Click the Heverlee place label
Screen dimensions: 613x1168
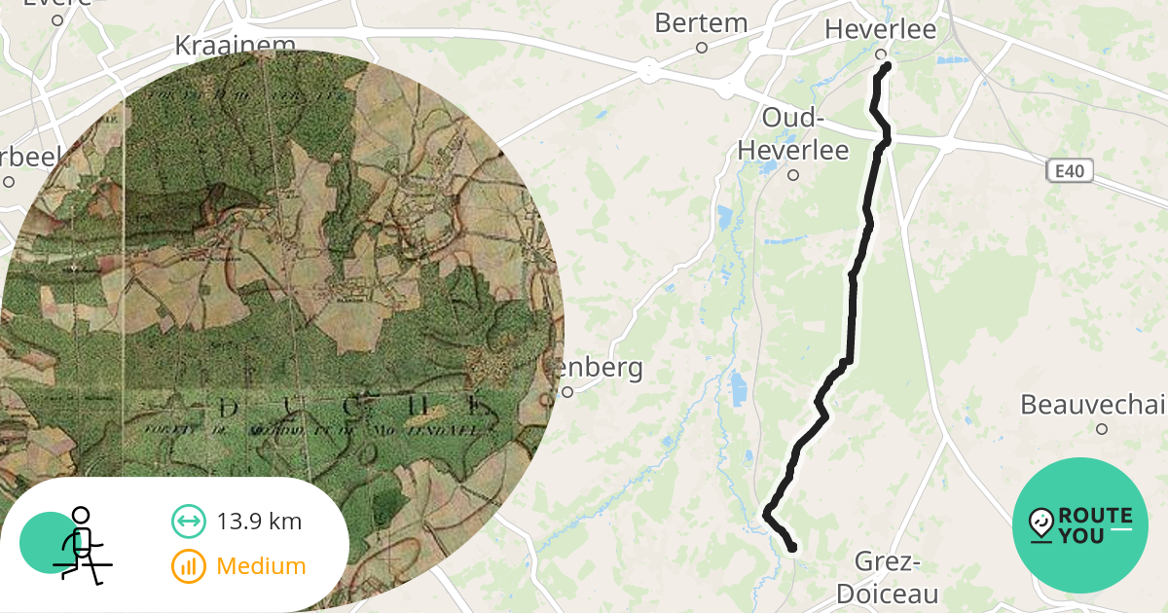pyautogui.click(x=880, y=29)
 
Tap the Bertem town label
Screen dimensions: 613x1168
pyautogui.click(x=701, y=23)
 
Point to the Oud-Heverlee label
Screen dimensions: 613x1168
pyautogui.click(x=792, y=134)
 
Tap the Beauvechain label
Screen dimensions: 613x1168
pyautogui.click(x=1093, y=404)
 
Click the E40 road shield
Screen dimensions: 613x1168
pyautogui.click(x=1070, y=172)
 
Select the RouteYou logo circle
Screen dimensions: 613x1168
pyautogui.click(x=1080, y=525)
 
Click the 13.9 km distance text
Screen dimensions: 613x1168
pyautogui.click(x=259, y=522)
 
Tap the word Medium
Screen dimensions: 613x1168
pyautogui.click(x=261, y=565)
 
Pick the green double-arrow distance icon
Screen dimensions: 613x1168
pyautogui.click(x=188, y=522)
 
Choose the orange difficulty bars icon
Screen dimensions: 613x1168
pyautogui.click(x=188, y=565)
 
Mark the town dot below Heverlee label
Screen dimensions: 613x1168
pyautogui.click(x=880, y=54)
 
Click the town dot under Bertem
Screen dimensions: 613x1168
pyautogui.click(x=701, y=47)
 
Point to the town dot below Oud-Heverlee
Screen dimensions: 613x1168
pyautogui.click(x=793, y=175)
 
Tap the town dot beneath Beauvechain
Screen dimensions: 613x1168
pyautogui.click(x=1102, y=428)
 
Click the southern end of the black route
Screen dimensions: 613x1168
pyautogui.click(x=791, y=548)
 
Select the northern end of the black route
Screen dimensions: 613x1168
pyautogui.click(x=887, y=66)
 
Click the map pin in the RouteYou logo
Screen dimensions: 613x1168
pyautogui.click(x=1041, y=523)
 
